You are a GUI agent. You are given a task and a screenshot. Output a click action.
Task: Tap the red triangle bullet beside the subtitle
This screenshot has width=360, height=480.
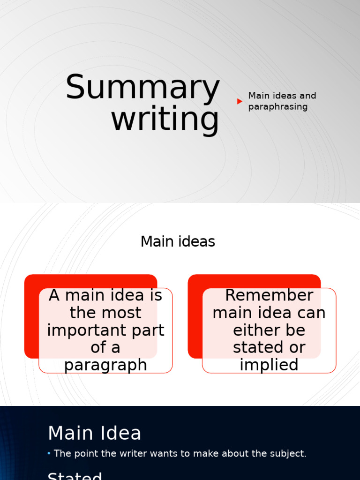pyautogui.click(x=240, y=101)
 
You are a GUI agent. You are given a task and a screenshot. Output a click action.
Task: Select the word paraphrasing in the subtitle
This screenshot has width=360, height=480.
pyautogui.click(x=271, y=107)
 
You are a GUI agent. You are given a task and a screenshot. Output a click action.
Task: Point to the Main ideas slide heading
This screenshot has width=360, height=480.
pyautogui.click(x=178, y=242)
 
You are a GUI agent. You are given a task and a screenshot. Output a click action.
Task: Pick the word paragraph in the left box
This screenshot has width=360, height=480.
pyautogui.click(x=105, y=365)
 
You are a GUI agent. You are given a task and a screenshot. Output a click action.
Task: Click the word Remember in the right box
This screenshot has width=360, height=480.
pyautogui.click(x=269, y=295)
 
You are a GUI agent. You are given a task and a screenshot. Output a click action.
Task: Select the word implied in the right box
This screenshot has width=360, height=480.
pyautogui.click(x=269, y=365)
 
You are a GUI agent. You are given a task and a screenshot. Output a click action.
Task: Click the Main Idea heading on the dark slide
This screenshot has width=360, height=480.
pyautogui.click(x=94, y=433)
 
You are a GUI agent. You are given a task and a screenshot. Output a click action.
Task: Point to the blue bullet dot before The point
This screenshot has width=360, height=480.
pyautogui.click(x=49, y=453)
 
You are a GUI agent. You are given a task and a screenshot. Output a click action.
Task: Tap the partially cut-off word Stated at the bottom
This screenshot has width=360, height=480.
pyautogui.click(x=75, y=476)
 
